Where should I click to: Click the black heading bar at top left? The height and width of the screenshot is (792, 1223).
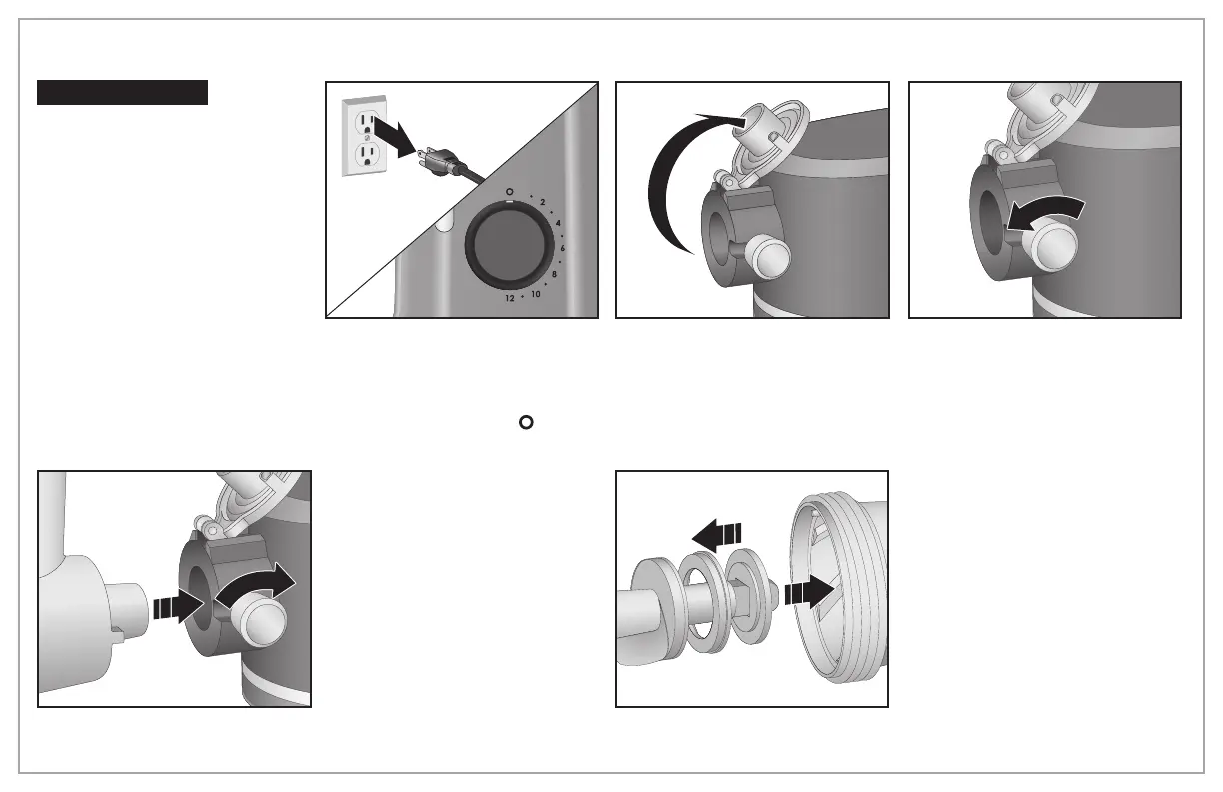122,93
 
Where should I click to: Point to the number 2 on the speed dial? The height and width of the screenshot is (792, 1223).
542,203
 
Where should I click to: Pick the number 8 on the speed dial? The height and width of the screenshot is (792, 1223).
554,273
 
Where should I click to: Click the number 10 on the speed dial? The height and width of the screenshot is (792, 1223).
536,293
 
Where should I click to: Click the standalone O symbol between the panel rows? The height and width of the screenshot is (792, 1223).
524,422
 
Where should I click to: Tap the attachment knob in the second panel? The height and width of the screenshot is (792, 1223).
768,255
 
